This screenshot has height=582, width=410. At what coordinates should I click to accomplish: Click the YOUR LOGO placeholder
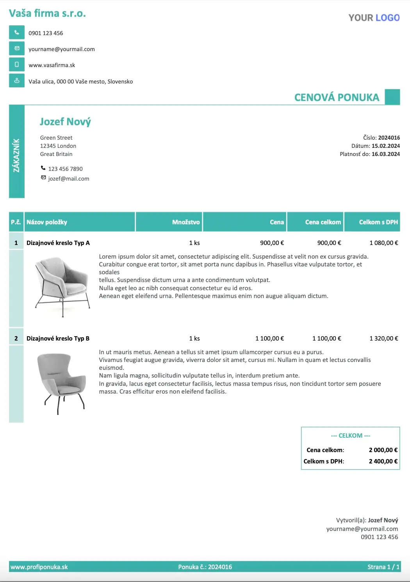coord(374,18)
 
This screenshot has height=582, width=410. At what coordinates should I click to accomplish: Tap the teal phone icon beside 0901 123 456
coord(17,32)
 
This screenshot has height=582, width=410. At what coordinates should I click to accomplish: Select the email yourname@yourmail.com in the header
coord(61,49)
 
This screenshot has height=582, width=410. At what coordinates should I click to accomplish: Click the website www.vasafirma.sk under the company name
coord(52,65)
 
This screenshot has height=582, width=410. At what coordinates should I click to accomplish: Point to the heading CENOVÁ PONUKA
coord(337,98)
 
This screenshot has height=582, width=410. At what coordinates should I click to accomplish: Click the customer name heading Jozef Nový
coord(65,122)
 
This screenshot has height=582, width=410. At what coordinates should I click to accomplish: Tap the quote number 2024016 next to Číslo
coord(389,138)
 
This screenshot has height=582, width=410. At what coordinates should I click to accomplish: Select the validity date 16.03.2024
coord(386,154)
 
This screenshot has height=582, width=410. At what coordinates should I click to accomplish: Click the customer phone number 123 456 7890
coord(65,169)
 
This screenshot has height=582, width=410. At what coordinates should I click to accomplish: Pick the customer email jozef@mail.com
coord(68,179)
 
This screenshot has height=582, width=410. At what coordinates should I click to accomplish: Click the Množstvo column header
coord(186,222)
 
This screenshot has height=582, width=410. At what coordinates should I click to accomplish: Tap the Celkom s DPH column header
coord(378,222)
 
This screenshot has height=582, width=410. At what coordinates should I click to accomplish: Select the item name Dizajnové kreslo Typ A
coord(58,243)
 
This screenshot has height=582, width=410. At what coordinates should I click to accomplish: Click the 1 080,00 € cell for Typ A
coord(384,243)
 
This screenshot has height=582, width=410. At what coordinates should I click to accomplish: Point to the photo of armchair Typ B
coord(62,383)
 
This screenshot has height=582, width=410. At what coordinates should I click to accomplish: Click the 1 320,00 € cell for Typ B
coord(384,338)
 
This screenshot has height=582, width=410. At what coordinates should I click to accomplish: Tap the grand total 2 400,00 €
coord(383,461)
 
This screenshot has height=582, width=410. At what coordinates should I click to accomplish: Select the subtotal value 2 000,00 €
coord(383,450)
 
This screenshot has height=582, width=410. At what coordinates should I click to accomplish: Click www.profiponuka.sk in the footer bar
coord(39,567)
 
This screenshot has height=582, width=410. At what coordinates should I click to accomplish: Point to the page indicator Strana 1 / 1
coord(383,567)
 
